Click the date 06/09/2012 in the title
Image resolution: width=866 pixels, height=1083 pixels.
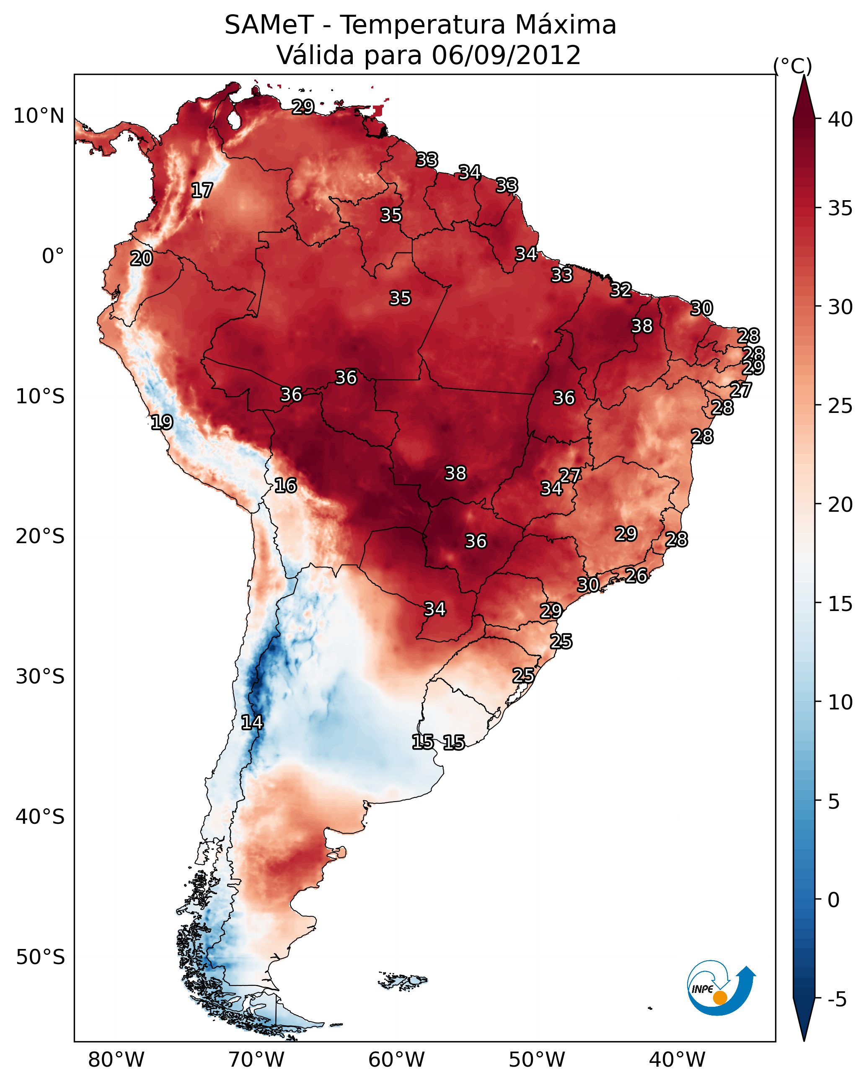pyautogui.click(x=506, y=55)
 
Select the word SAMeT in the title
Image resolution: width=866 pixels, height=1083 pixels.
pyautogui.click(x=269, y=25)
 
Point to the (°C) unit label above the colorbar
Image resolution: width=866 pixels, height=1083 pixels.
pyautogui.click(x=792, y=66)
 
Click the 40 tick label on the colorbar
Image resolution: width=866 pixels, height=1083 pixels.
pyautogui.click(x=840, y=119)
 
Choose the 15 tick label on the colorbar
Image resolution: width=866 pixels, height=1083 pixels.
pyautogui.click(x=840, y=604)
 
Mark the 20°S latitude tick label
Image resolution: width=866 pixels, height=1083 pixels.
pyautogui.click(x=40, y=536)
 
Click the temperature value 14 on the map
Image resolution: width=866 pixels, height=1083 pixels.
pyautogui.click(x=252, y=722)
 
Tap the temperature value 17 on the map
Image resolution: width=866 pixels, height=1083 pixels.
pyautogui.click(x=202, y=191)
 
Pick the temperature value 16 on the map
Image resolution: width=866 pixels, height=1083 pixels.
pyautogui.click(x=285, y=485)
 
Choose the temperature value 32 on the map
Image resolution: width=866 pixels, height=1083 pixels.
pyautogui.click(x=621, y=290)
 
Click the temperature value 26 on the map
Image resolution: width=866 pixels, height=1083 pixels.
pyautogui.click(x=636, y=575)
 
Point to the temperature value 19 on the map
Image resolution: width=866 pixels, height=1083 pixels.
pyautogui.click(x=162, y=422)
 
